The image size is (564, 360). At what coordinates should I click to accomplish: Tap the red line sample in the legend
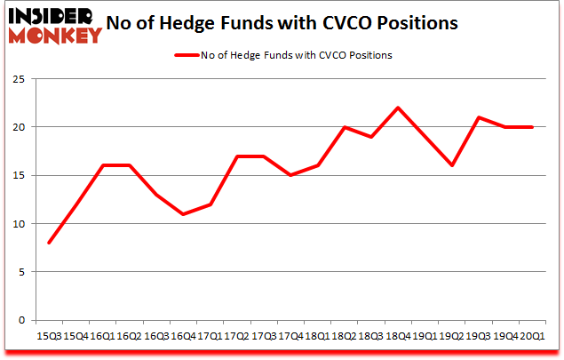click(x=185, y=55)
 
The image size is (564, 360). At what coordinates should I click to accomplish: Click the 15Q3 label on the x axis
click(x=50, y=336)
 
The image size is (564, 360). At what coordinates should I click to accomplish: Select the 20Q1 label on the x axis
click(x=533, y=336)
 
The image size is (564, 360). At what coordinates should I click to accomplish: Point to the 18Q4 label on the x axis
click(x=398, y=336)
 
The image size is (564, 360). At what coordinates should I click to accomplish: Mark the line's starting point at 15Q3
click(x=50, y=243)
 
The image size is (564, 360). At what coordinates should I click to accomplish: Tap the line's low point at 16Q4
click(x=184, y=214)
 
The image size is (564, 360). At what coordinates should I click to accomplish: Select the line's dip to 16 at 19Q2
click(x=452, y=165)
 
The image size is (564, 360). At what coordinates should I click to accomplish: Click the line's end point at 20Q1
click(x=533, y=127)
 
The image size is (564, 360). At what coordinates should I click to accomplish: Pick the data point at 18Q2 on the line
click(x=345, y=127)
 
